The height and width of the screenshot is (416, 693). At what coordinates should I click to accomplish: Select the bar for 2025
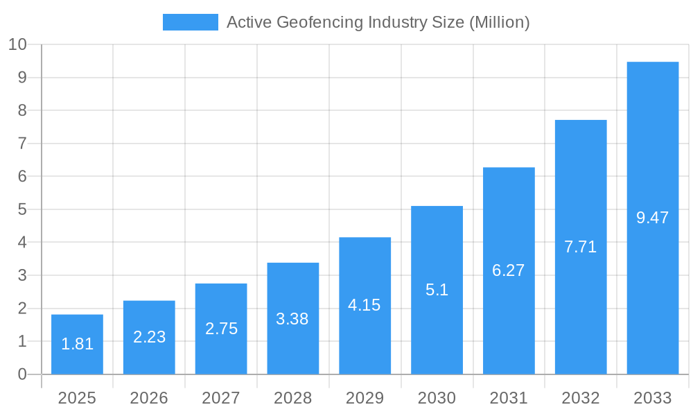coord(77,345)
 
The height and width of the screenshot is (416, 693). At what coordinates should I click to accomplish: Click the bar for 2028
coord(293,318)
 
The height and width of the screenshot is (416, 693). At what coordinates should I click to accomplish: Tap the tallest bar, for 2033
coord(653,218)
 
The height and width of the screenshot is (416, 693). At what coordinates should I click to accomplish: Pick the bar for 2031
coord(509,270)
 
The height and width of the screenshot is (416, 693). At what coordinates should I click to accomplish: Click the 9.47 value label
coord(653,218)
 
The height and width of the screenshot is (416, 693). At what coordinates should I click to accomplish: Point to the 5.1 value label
coord(437,290)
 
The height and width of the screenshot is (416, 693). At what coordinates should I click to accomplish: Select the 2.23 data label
coord(149,337)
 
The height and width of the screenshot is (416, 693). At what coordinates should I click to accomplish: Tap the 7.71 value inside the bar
coord(581,247)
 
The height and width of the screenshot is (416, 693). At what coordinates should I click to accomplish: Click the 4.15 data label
coord(365,305)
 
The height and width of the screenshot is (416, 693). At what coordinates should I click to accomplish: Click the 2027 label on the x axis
coord(221,398)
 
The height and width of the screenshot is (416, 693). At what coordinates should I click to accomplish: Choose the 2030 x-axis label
coord(437,398)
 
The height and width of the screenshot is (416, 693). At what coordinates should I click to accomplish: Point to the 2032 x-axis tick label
coord(581,398)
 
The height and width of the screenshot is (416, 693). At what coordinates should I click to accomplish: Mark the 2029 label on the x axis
coord(365,398)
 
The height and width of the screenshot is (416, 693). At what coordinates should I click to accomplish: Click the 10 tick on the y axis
coord(17,44)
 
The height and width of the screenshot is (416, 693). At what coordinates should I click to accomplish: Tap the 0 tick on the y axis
coord(22,374)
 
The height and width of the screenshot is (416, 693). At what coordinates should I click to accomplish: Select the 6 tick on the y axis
coord(22,177)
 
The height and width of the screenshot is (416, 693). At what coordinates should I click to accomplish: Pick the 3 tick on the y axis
coord(22,275)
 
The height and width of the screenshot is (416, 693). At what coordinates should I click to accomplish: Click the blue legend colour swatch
coord(191,22)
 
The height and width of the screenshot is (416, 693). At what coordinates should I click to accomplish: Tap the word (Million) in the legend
coord(499,22)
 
